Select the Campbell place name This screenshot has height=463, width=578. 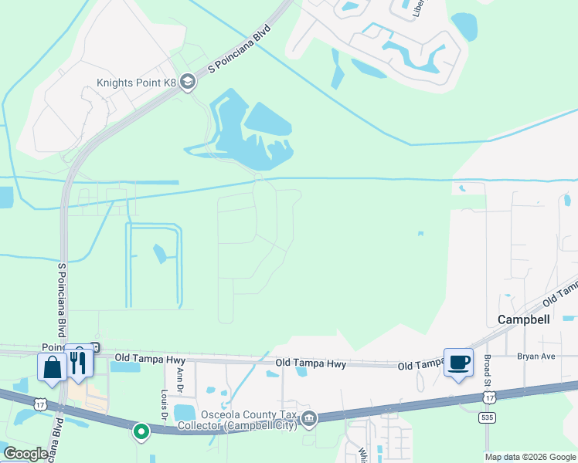[x=523, y=319]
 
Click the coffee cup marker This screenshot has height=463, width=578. [x=458, y=363]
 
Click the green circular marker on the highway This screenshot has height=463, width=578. [x=141, y=432]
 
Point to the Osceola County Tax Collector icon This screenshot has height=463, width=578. [x=309, y=419]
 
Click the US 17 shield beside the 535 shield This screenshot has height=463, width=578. [x=489, y=397]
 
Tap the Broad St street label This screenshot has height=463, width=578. [x=488, y=371]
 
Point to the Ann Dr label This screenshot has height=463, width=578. [x=180, y=377]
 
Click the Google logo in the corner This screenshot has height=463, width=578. [x=25, y=454]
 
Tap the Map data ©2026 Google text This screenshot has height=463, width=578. [x=530, y=457]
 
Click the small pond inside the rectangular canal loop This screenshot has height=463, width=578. [x=160, y=254]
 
